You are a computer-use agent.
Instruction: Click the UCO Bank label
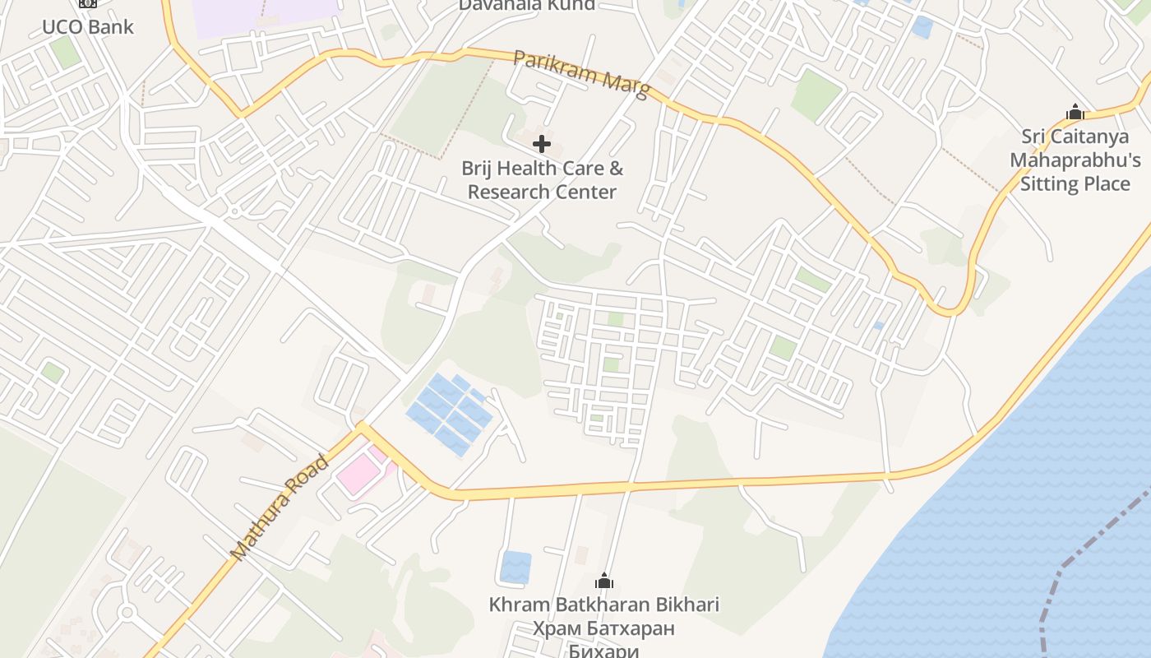87,26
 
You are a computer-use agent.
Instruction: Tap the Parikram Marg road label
581,72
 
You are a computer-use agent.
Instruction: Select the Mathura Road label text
280,507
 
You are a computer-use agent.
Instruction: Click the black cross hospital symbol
542,144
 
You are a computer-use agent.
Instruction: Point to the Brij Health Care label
542,169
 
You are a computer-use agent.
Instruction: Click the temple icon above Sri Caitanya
1075,112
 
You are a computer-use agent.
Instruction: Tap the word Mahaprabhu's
1075,160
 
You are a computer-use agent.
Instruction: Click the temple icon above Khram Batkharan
604,581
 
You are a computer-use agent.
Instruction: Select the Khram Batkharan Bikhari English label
603,605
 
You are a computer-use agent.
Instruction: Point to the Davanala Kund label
526,5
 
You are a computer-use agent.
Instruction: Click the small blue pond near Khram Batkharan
515,567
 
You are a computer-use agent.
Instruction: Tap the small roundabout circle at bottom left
126,613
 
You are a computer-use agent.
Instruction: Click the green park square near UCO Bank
64,53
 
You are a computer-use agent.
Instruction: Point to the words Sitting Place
1075,183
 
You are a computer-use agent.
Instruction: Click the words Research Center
542,192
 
